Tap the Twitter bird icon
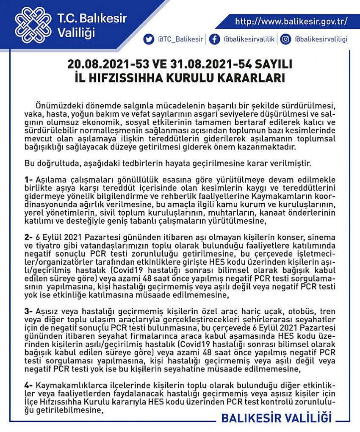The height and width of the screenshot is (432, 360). (x=148, y=39)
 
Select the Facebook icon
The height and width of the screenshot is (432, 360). (x=214, y=39)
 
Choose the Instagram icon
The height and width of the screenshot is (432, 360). (x=286, y=39)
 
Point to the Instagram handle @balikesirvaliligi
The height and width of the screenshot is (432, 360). (x=321, y=39)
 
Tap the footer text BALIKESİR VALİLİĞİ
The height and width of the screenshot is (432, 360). (x=276, y=418)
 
